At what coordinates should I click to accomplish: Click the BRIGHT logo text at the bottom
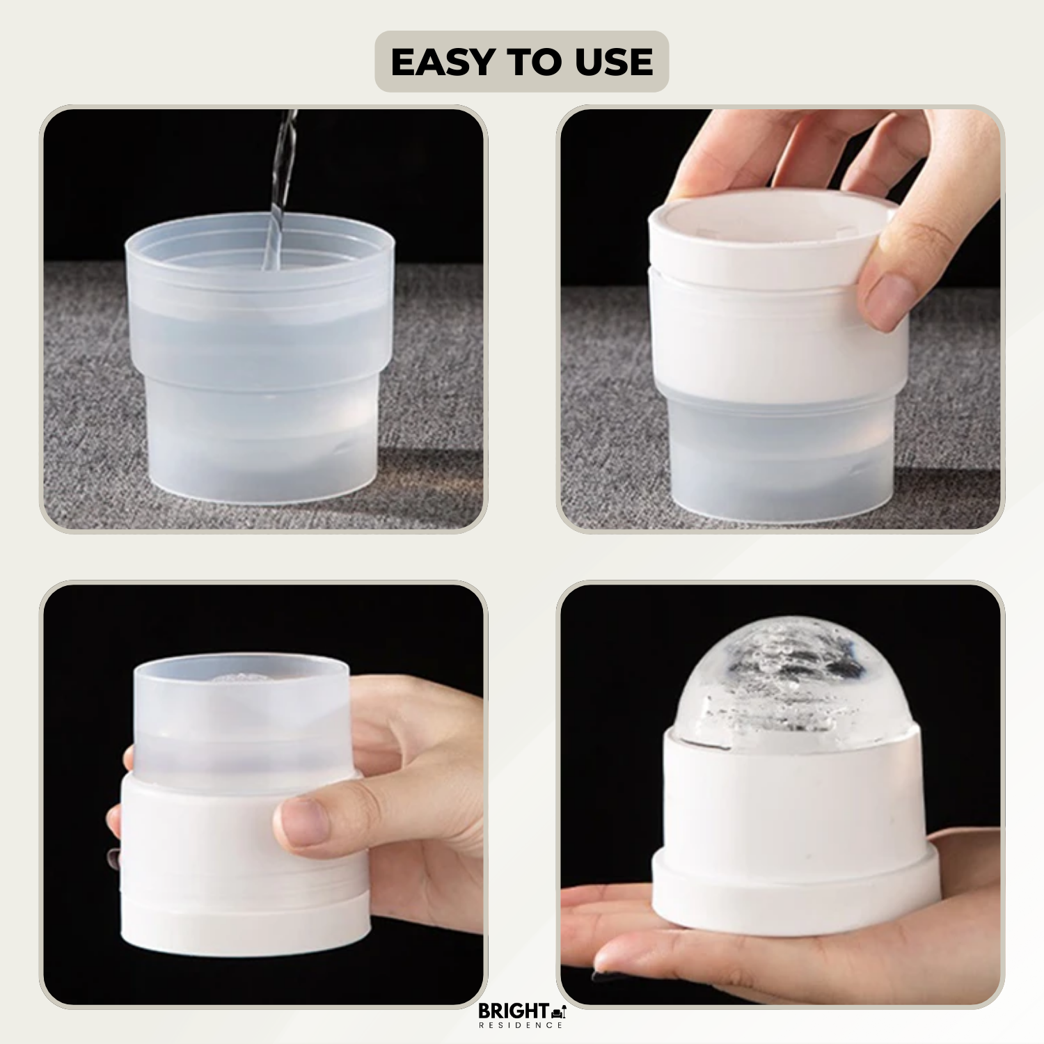coord(513,1011)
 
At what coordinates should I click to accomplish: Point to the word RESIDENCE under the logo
coord(521,1025)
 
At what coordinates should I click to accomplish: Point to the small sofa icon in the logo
coord(558,1011)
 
